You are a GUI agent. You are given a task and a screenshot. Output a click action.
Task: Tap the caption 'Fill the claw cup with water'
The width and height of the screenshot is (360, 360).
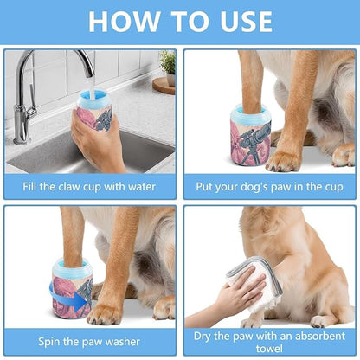pyautogui.click(x=89, y=188)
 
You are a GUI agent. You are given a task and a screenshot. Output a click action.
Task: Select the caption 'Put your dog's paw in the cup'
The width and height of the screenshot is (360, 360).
pyautogui.click(x=268, y=188)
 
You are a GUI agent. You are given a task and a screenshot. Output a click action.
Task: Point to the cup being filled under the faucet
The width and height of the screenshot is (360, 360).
pyautogui.click(x=95, y=108)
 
